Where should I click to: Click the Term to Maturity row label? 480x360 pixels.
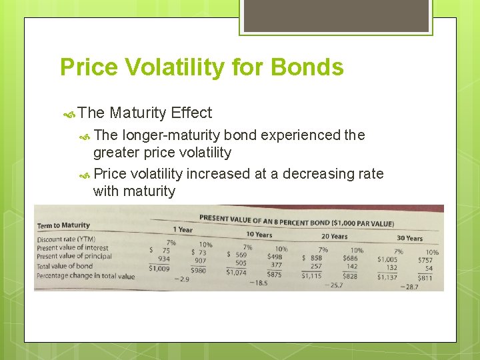pyautogui.click(x=63, y=226)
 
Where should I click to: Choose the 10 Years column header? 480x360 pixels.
pyautogui.click(x=259, y=234)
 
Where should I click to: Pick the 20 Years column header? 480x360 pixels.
pyautogui.click(x=335, y=236)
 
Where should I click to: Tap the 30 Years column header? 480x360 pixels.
pyautogui.click(x=410, y=238)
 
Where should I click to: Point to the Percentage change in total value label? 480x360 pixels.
pyautogui.click(x=85, y=276)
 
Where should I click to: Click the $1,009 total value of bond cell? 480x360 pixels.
pyautogui.click(x=159, y=268)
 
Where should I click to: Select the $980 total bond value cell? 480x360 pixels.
pyautogui.click(x=198, y=270)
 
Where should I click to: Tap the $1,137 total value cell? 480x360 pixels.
pyautogui.click(x=387, y=277)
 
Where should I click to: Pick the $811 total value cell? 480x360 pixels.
pyautogui.click(x=425, y=277)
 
